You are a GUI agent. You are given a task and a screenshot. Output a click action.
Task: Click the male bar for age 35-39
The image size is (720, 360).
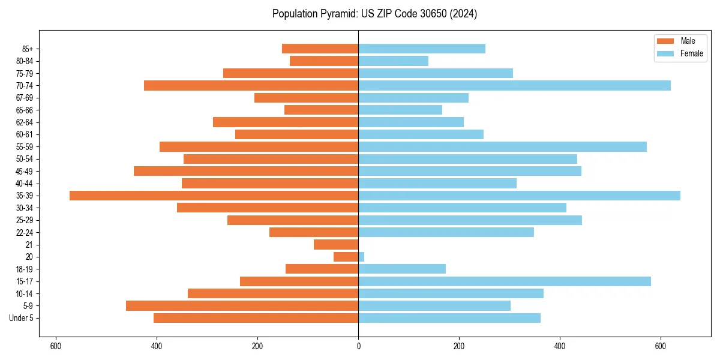point(214,196)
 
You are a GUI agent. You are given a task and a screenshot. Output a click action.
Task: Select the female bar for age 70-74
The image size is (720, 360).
point(514,86)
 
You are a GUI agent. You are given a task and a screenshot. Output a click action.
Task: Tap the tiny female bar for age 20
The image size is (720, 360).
point(361,257)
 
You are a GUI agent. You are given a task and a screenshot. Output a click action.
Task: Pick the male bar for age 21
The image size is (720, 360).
point(336,245)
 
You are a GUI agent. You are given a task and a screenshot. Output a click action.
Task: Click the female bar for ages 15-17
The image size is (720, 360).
point(504,281)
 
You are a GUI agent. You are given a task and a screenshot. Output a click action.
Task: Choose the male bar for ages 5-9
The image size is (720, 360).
point(242,306)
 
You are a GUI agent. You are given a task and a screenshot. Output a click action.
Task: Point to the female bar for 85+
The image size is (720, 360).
point(421,49)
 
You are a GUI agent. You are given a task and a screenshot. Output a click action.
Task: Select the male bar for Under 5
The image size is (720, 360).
point(256,318)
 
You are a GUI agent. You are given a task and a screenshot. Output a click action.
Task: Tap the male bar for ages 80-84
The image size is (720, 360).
point(324,61)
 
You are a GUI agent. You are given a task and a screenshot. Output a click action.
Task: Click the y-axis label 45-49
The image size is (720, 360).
point(24,172)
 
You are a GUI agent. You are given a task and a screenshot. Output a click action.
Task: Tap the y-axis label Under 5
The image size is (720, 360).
point(22,318)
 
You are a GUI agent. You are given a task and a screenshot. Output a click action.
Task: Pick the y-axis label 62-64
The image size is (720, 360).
point(24,122)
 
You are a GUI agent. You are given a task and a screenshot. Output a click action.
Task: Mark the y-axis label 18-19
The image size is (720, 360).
point(24,269)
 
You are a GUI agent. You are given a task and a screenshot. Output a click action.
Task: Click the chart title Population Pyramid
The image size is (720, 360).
point(314,14)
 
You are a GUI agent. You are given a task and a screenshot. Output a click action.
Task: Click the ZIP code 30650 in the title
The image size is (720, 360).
point(424,14)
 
